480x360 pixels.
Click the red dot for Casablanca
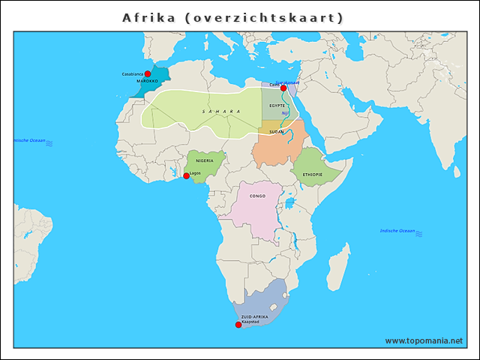pyautogui.click(x=148, y=74)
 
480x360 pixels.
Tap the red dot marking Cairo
pyautogui.click(x=283, y=88)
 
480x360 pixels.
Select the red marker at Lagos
pyautogui.click(x=186, y=176)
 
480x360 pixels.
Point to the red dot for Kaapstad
pyautogui.click(x=238, y=325)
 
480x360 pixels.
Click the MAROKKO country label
pyautogui.click(x=147, y=81)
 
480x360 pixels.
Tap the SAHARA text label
pyautogui.click(x=221, y=111)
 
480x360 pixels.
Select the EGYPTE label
pyautogui.click(x=277, y=106)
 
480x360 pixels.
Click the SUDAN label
pyautogui.click(x=277, y=131)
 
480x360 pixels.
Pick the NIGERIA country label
pyautogui.click(x=205, y=160)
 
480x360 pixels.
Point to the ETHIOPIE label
pyautogui.click(x=313, y=174)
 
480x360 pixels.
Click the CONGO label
pyautogui.click(x=257, y=196)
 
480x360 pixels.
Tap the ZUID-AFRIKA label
pyautogui.click(x=254, y=317)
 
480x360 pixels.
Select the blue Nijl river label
pyautogui.click(x=285, y=113)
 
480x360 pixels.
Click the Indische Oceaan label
pyautogui.click(x=397, y=230)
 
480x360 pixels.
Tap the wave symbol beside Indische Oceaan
pyautogui.click(x=418, y=235)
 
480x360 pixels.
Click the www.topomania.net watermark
pyautogui.click(x=424, y=340)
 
